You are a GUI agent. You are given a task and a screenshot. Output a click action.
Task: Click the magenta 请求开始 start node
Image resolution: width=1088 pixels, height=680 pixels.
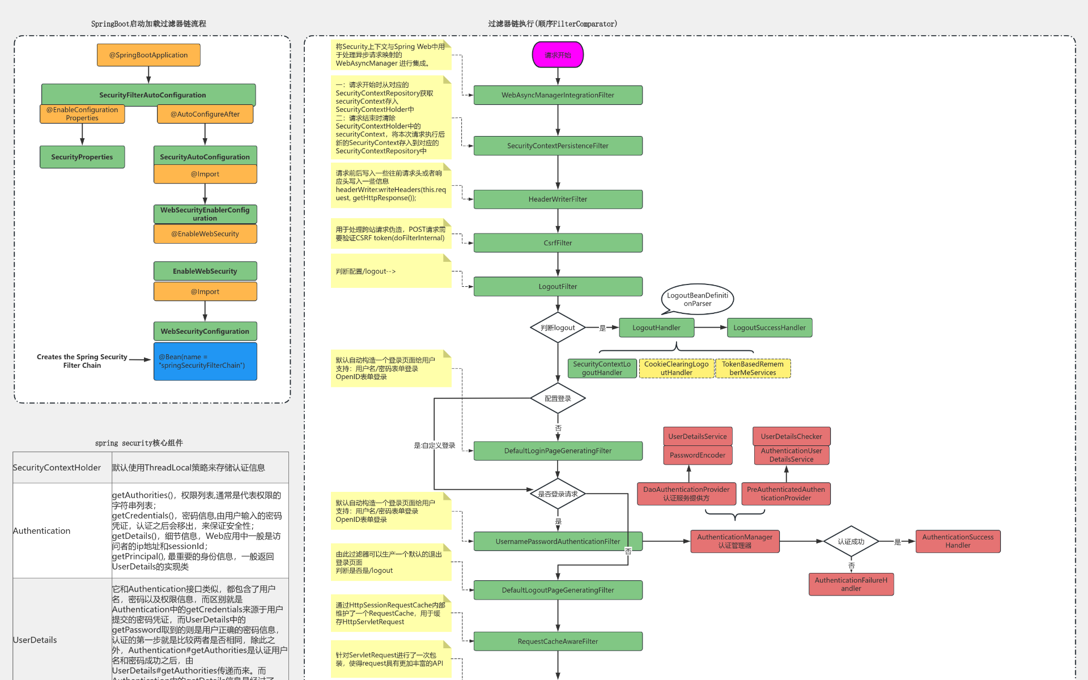coord(558,55)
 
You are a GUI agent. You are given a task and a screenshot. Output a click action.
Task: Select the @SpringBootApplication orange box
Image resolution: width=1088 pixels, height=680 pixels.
coord(148,55)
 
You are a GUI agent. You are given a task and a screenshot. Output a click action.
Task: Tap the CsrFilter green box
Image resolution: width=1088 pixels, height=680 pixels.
coord(558,243)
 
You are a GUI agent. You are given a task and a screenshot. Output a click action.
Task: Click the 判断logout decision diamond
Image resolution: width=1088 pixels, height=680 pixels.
coord(558,328)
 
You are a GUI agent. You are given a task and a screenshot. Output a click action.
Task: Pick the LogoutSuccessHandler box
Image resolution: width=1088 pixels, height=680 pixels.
coord(769,328)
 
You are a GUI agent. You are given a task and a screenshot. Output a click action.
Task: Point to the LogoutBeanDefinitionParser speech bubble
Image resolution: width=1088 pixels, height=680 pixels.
coord(697,299)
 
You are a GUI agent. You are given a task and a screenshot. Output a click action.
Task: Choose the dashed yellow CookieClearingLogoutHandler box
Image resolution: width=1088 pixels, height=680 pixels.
coord(676,368)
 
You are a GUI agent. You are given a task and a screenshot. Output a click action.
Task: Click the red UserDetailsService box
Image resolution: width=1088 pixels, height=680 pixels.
coord(697,436)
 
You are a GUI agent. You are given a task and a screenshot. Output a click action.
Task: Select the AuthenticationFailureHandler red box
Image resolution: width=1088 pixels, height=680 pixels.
coord(851,584)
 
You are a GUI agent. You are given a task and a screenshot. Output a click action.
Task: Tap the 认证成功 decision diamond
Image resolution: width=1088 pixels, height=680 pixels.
coord(851,542)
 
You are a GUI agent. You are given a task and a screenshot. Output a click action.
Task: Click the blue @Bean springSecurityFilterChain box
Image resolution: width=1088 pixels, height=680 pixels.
coord(205,361)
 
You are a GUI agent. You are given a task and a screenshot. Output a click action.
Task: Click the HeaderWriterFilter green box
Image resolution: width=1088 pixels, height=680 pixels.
coord(558,199)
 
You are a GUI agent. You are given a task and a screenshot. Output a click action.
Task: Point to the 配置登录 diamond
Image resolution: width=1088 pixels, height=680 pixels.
coord(558,398)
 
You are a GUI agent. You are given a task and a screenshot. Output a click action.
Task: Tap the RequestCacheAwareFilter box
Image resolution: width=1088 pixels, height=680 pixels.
coord(558,641)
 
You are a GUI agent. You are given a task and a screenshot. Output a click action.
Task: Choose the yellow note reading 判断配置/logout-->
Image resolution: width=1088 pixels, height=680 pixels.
coord(391,271)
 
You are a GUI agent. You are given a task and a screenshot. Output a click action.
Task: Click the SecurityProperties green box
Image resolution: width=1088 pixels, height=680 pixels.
coord(82,157)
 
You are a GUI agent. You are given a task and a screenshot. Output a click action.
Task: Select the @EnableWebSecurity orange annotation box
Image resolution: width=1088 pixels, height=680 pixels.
coord(205,233)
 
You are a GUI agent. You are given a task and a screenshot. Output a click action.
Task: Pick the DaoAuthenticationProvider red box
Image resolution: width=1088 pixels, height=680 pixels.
coord(686,494)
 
